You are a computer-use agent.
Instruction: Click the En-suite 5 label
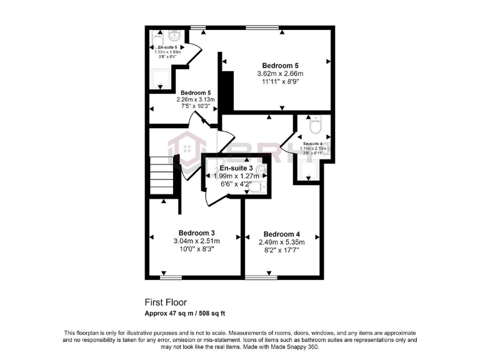click(167, 47)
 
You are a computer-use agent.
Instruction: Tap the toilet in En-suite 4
click(316, 127)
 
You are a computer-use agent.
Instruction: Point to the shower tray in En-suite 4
click(308, 169)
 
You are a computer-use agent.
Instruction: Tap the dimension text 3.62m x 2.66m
click(280, 74)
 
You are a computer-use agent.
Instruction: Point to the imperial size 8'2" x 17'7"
click(281, 250)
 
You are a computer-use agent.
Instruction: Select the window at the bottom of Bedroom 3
click(171, 276)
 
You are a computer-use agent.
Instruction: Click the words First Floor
click(166, 302)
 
